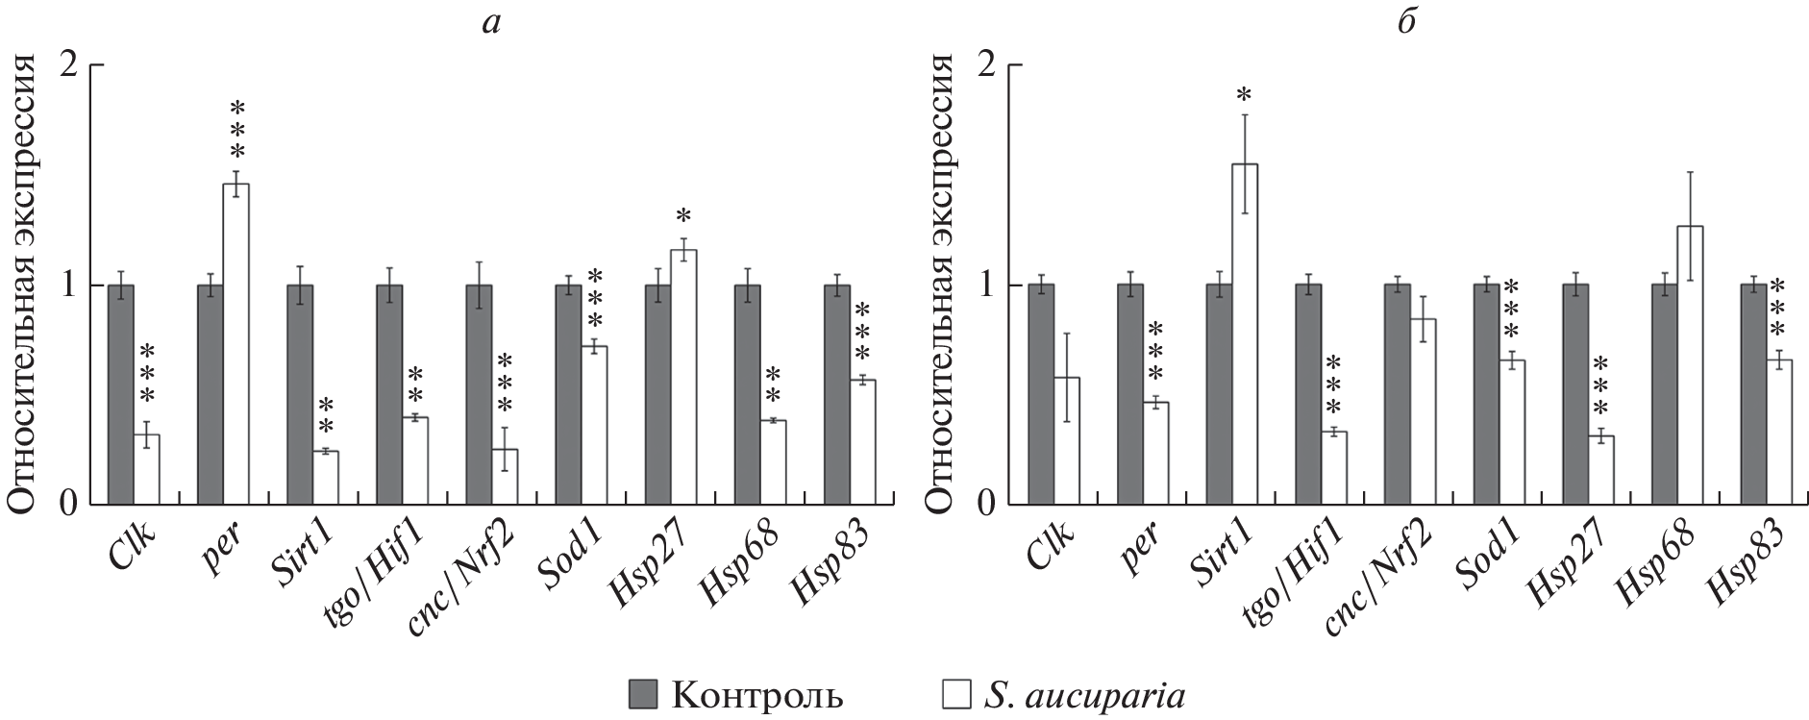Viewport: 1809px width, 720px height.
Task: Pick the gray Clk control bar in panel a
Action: [x=120, y=394]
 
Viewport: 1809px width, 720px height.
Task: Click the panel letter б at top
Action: [x=1407, y=21]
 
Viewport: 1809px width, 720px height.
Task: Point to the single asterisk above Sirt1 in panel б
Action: [x=1244, y=95]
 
